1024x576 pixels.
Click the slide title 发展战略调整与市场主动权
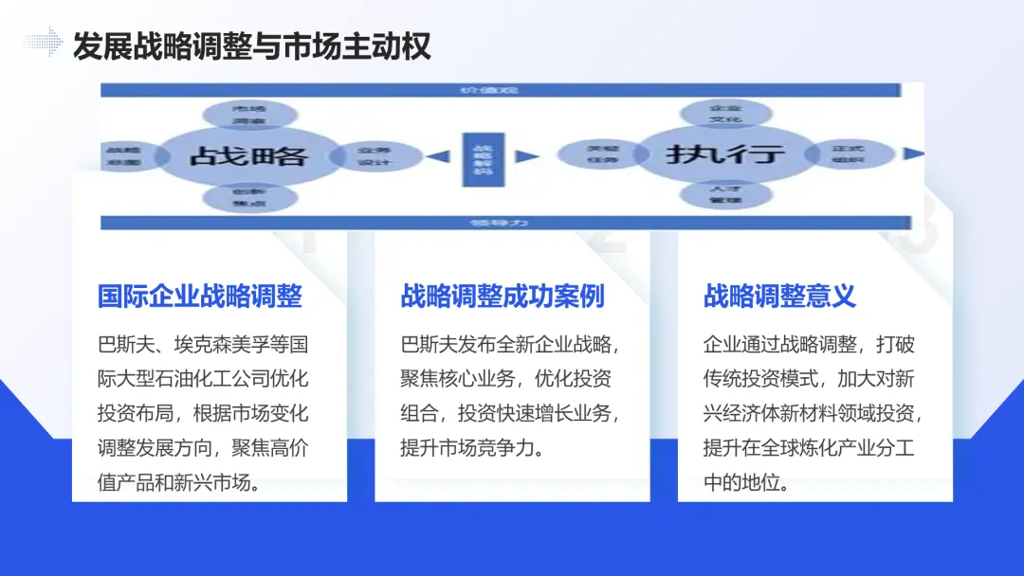click(x=251, y=45)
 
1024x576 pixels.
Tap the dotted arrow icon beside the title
click(x=43, y=42)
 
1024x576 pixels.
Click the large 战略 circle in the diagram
click(x=248, y=154)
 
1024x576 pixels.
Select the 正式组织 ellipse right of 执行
click(x=848, y=154)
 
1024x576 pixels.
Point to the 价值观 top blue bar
click(x=500, y=90)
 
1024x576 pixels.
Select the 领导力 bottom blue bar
click(x=500, y=224)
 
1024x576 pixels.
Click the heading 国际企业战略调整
click(x=200, y=297)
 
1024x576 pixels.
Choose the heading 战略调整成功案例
click(x=503, y=297)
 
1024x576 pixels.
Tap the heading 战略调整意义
click(x=779, y=297)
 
